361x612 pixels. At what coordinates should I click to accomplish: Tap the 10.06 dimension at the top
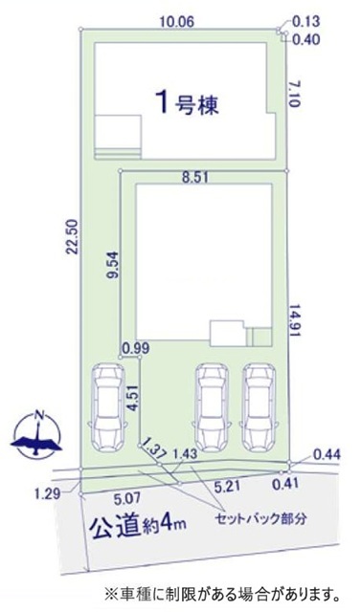pos(177,22)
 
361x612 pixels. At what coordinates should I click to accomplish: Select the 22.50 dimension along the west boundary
pos(74,237)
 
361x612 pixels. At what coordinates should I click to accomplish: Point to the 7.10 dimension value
pos(294,94)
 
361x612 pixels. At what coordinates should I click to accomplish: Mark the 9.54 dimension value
pos(112,270)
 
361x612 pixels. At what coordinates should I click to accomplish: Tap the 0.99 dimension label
pos(135,348)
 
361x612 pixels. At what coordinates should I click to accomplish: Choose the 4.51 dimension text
pos(134,399)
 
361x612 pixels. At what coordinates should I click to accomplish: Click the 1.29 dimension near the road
pos(47,493)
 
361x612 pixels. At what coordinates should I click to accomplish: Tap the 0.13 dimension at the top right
pos(305,21)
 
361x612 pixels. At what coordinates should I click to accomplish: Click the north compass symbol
pos(37,433)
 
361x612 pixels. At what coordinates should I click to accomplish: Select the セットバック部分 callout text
pos(261,518)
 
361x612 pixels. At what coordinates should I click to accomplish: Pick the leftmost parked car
pos(106,407)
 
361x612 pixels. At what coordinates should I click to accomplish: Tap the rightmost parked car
pos(259,407)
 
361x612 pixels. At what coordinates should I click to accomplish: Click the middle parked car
pos(212,407)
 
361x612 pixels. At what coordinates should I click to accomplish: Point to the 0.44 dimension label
pos(327,455)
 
